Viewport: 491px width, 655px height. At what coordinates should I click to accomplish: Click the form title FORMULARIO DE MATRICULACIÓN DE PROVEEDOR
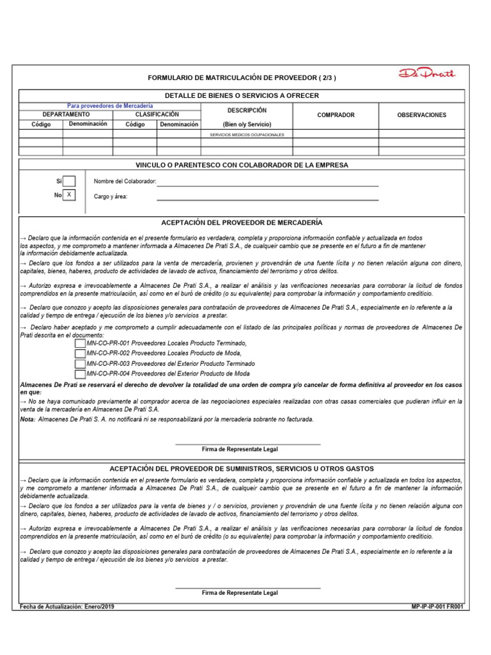[241, 78]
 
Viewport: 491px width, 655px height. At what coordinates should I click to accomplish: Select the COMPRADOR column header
[336, 115]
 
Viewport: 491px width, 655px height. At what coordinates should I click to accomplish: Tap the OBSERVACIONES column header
[421, 115]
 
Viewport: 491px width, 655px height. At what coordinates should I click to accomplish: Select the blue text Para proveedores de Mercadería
[110, 106]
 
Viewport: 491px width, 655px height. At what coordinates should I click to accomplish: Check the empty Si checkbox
[70, 181]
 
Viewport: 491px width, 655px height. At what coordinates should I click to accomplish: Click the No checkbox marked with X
[70, 194]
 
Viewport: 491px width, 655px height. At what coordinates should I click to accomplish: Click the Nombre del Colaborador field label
[125, 182]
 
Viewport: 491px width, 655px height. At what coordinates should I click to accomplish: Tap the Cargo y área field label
[111, 196]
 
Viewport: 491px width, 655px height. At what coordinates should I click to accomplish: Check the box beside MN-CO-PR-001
[80, 343]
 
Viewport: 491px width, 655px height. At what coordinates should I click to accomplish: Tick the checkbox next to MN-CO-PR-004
[80, 374]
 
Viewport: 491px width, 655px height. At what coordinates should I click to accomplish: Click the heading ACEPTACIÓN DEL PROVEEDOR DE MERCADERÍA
[242, 223]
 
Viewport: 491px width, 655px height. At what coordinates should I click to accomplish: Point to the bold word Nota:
[28, 419]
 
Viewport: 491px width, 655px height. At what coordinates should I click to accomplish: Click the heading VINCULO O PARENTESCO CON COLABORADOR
[242, 165]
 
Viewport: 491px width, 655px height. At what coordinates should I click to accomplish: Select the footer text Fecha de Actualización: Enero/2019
[68, 606]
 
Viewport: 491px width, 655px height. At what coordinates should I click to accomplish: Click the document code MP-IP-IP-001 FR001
[439, 606]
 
